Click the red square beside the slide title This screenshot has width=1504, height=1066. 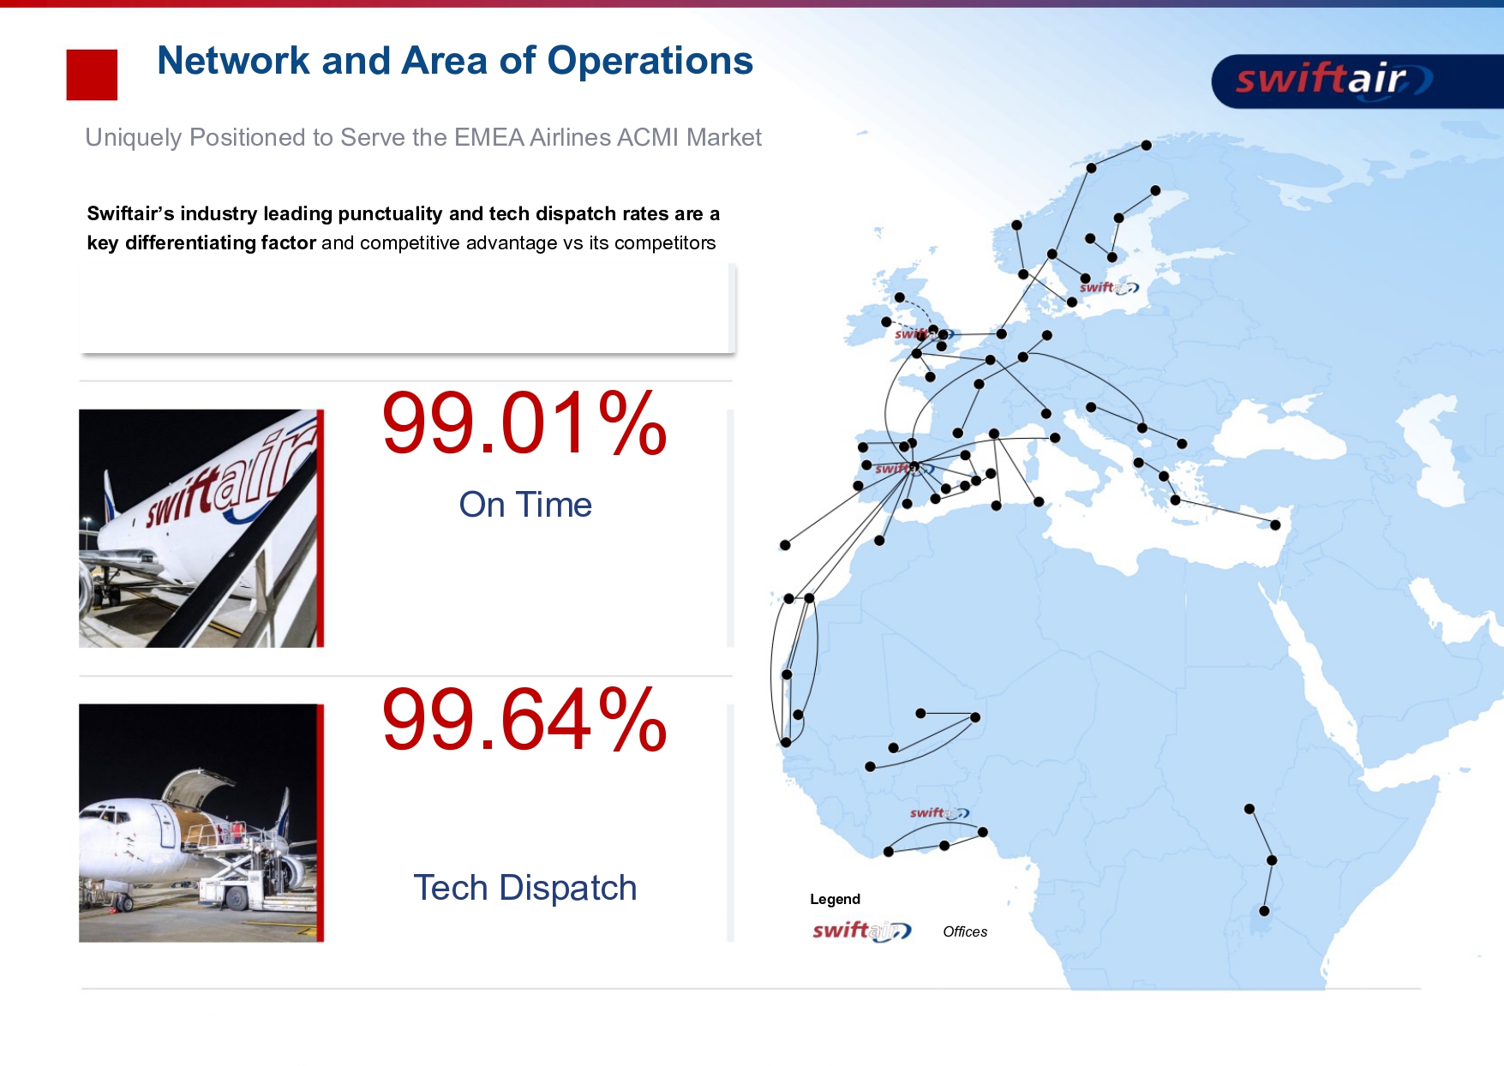(x=92, y=75)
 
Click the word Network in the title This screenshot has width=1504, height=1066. (x=234, y=61)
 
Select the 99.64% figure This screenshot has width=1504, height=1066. (x=524, y=719)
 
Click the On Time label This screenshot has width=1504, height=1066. (x=525, y=505)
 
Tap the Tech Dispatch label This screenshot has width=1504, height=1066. (x=525, y=888)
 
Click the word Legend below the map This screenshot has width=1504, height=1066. (x=835, y=899)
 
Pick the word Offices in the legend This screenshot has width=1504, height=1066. (x=965, y=931)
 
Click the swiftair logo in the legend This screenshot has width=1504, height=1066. (x=861, y=931)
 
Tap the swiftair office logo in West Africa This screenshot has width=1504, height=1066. (x=939, y=812)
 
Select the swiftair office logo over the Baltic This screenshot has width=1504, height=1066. (x=1109, y=287)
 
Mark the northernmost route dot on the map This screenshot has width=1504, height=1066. (x=1146, y=145)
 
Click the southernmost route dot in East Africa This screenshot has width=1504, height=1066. (x=1264, y=911)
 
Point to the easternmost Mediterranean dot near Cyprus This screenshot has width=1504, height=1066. (x=1275, y=525)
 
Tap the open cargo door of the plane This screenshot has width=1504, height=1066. (x=199, y=787)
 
